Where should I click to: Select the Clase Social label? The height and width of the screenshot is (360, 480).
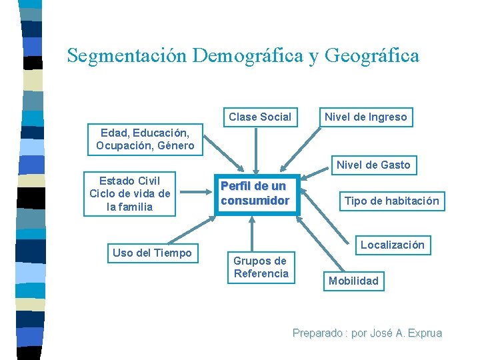click(260, 117)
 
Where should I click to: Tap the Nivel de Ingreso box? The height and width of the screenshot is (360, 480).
click(365, 117)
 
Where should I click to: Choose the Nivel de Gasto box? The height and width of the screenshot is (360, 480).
click(373, 165)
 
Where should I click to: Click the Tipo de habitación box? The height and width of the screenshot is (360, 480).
click(391, 201)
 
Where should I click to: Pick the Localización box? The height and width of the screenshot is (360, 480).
click(392, 245)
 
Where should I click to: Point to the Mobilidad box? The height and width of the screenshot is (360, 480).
click(353, 281)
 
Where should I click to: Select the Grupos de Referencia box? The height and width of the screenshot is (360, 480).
click(261, 267)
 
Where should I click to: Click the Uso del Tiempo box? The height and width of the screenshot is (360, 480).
click(152, 253)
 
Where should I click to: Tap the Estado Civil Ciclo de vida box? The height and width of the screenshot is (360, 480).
click(130, 193)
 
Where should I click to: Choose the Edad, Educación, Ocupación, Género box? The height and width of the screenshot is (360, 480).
click(145, 139)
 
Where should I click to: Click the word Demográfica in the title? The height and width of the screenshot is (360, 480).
click(247, 55)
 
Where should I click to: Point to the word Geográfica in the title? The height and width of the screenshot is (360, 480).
click(371, 55)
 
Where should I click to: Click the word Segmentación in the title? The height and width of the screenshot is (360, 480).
click(127, 55)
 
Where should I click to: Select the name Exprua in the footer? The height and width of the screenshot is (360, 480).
click(424, 333)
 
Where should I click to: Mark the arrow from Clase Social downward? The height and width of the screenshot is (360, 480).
click(256, 149)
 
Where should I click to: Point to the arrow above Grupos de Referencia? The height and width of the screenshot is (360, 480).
click(251, 234)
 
